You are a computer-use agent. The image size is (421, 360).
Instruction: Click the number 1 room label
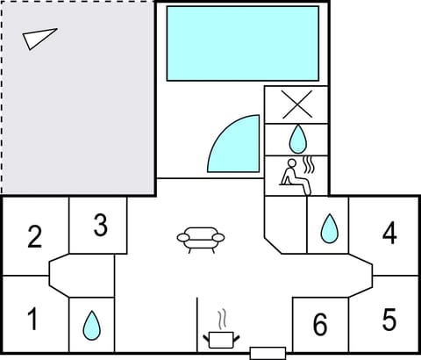(33, 318)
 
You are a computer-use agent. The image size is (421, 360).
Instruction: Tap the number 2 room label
(34, 237)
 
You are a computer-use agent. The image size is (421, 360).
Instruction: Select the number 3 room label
(100, 226)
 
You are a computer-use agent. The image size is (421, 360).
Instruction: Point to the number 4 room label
(389, 233)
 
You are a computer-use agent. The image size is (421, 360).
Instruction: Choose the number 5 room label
(389, 319)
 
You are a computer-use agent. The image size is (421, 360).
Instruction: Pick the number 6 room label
(320, 325)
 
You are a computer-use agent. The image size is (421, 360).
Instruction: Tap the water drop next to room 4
(329, 229)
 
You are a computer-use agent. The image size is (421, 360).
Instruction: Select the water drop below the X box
(298, 138)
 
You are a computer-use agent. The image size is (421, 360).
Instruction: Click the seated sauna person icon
(291, 174)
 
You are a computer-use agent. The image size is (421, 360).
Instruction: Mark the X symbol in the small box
(298, 104)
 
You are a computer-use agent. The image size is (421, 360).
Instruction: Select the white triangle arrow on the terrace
(39, 38)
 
